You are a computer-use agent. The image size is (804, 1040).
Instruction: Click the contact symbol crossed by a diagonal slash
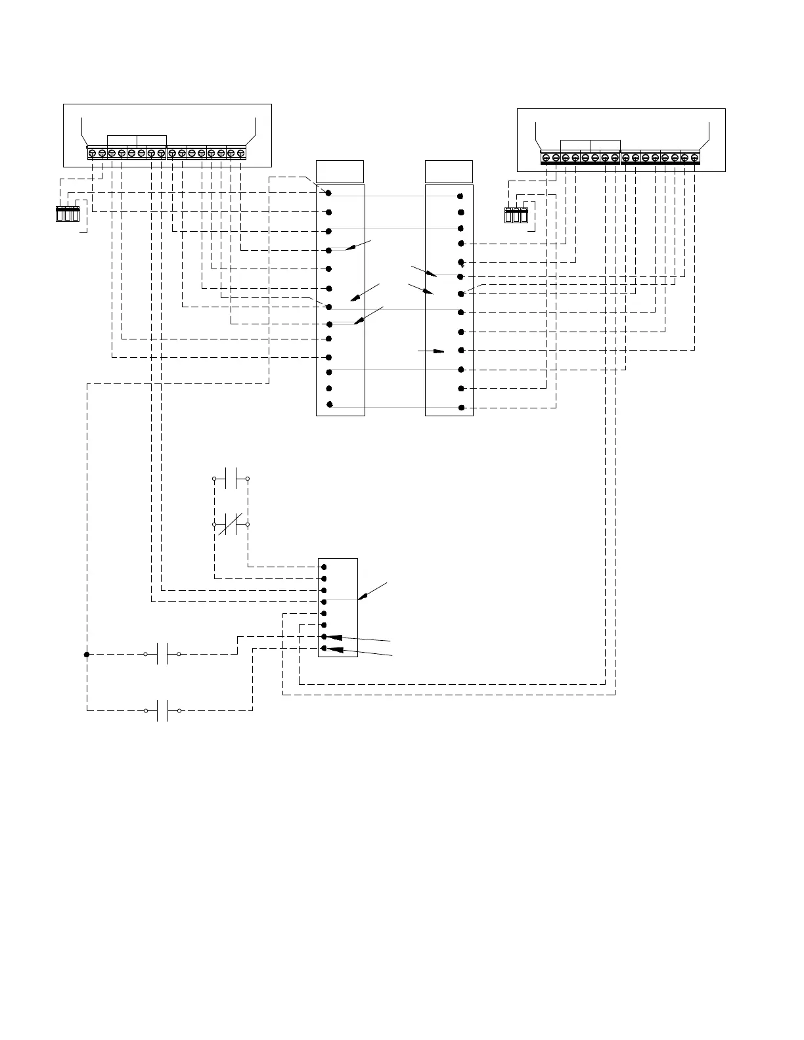point(231,525)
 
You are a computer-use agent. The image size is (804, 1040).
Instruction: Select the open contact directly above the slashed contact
point(231,479)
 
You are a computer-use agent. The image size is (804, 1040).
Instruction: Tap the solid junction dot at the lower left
point(87,655)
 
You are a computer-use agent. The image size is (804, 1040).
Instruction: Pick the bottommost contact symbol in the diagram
point(162,710)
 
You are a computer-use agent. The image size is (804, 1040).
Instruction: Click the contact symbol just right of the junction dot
point(162,655)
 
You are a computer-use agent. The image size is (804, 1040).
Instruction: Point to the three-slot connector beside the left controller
point(68,214)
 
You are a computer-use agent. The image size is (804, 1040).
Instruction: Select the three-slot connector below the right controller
point(516,215)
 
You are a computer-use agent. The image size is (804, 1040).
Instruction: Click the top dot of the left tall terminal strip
point(329,193)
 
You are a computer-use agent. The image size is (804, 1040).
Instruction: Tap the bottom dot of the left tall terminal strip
point(330,404)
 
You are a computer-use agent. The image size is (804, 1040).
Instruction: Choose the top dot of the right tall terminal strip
point(460,196)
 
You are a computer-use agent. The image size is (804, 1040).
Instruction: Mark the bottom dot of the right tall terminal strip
point(462,408)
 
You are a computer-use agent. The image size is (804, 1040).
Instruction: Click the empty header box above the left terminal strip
point(340,171)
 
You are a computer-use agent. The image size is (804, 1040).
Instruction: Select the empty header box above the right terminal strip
point(449,171)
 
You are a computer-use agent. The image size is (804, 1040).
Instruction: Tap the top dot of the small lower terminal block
point(324,567)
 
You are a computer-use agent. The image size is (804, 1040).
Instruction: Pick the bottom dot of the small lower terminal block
point(324,649)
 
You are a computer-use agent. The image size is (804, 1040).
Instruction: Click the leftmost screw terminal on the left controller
point(92,154)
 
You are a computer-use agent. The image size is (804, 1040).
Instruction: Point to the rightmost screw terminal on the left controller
point(241,154)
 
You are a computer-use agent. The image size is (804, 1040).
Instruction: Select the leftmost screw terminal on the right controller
point(547,158)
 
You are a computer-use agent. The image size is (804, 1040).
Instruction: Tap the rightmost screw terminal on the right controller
point(694,158)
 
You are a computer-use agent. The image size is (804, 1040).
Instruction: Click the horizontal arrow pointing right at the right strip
point(432,351)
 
